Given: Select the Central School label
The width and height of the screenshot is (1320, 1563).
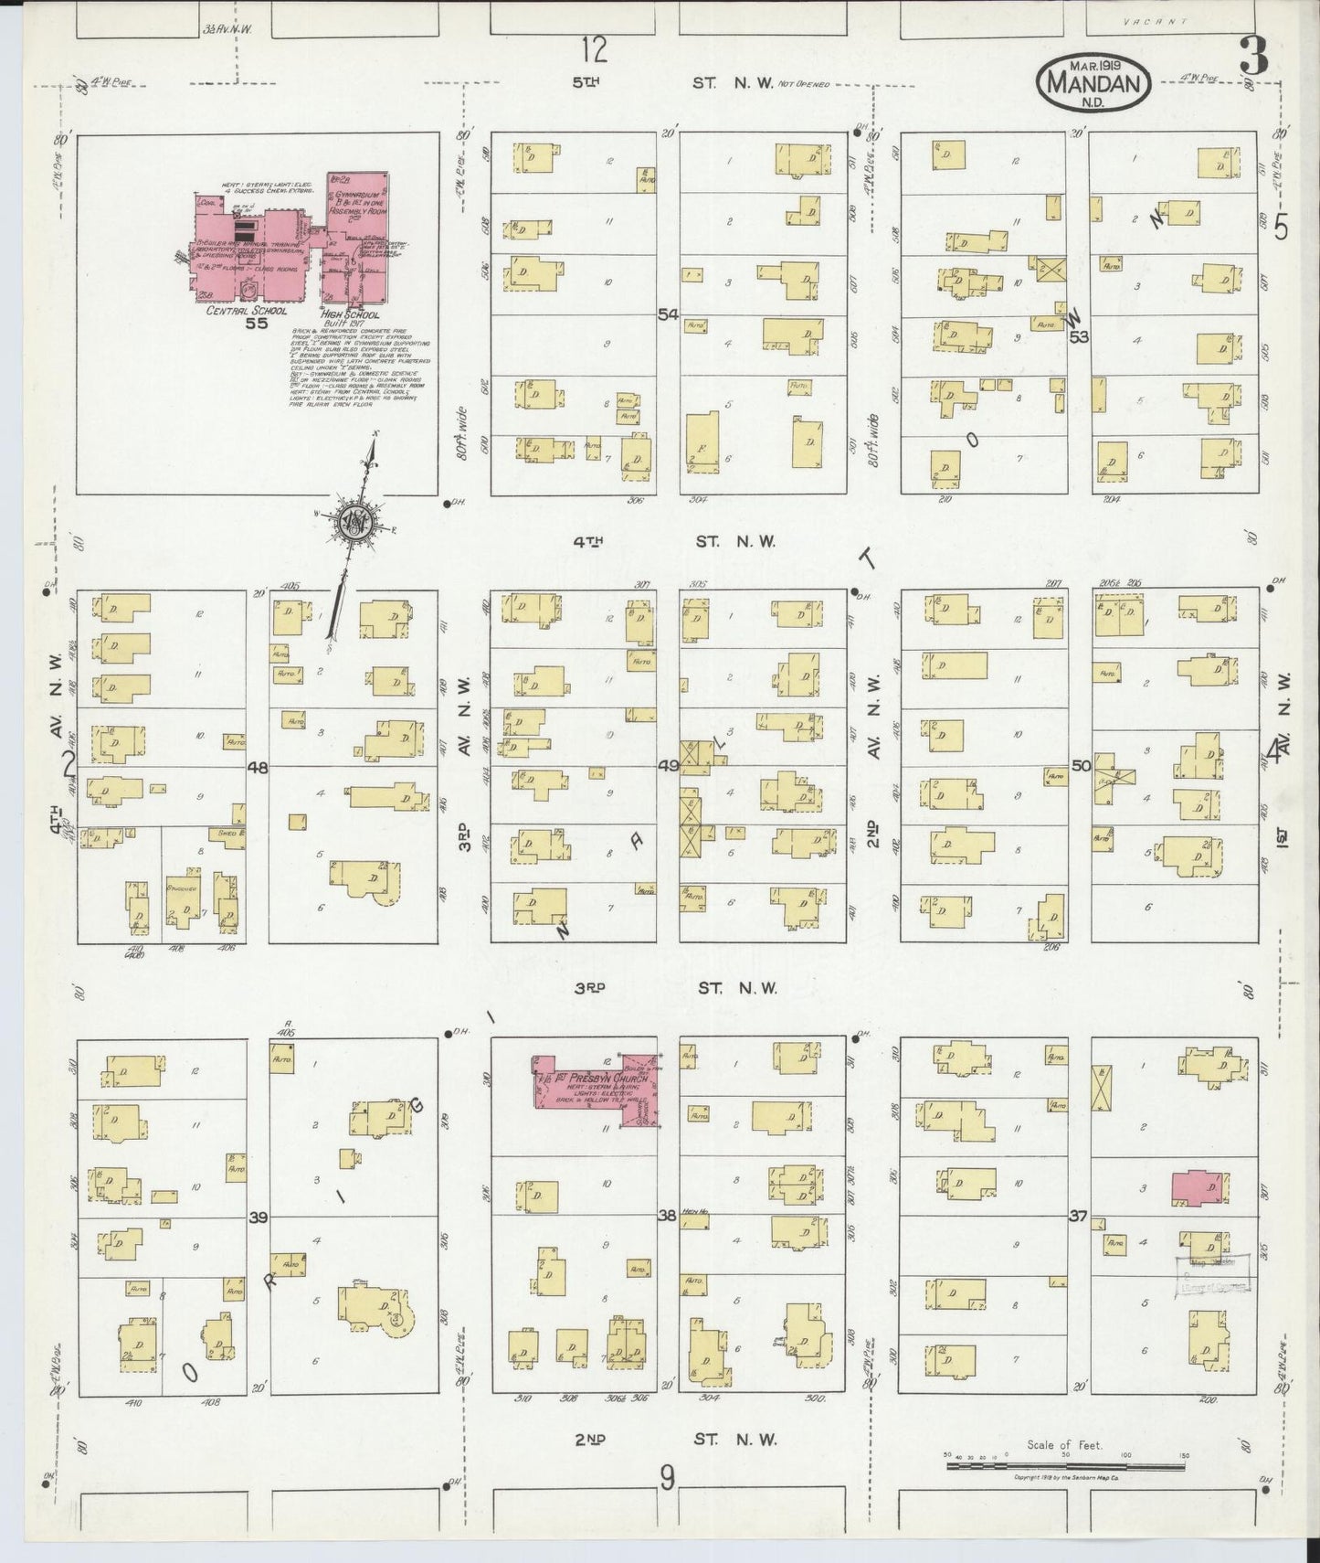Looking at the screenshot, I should point(238,310).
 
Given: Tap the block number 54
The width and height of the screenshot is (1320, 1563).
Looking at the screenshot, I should point(669,314).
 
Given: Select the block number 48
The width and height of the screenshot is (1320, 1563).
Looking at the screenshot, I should point(258,768).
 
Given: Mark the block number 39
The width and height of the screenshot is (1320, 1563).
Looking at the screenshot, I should point(258,1217).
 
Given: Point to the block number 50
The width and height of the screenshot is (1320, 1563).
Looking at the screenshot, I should point(1081,766).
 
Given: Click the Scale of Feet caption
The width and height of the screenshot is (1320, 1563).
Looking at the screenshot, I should point(1064,1445).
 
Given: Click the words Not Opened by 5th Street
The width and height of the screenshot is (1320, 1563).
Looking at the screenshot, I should point(803,84).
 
